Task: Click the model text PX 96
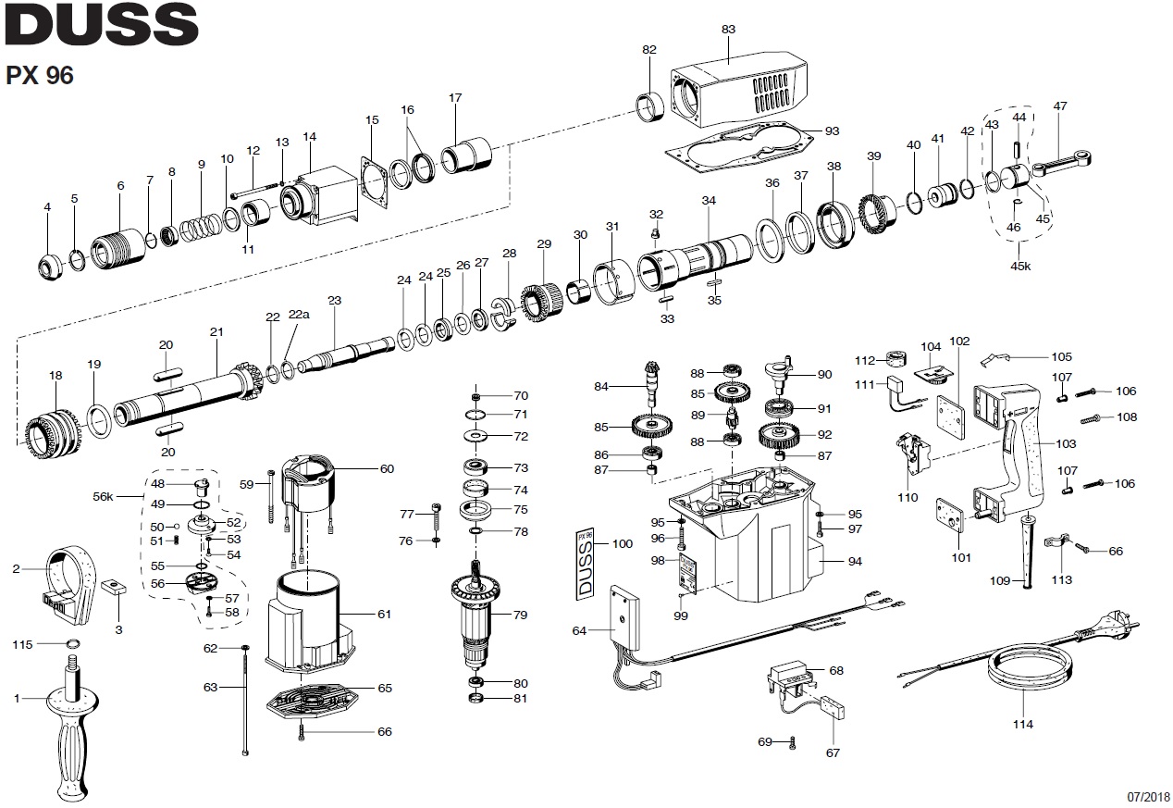[40, 76]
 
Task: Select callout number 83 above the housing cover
[728, 29]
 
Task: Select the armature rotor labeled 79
[481, 615]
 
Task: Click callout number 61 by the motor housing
[384, 614]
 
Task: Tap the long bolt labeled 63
[245, 703]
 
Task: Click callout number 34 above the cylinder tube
[709, 200]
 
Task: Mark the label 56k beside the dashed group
[103, 496]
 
